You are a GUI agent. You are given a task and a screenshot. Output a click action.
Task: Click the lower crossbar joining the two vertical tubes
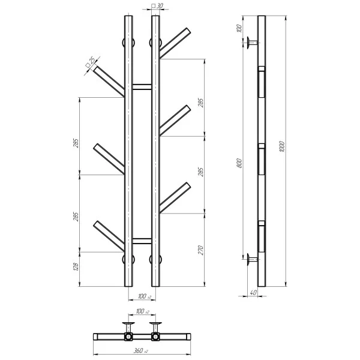pyautogui.click(x=142, y=241)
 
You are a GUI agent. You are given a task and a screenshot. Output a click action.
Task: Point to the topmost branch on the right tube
pyautogui.click(x=175, y=42)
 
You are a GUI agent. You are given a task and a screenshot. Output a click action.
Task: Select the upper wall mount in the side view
pyautogui.click(x=251, y=43)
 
